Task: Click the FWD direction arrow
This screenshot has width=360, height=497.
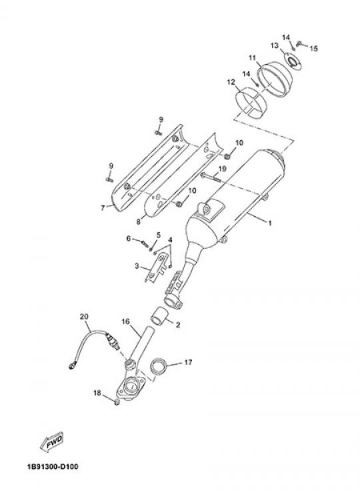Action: (x=51, y=442)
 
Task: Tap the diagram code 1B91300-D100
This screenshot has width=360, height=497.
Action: (x=53, y=466)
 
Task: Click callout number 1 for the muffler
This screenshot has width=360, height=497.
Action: (x=270, y=223)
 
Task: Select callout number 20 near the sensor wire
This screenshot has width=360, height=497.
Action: (x=84, y=316)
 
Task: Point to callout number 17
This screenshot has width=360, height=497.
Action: (x=188, y=362)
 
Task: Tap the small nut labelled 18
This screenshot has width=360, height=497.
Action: (x=117, y=402)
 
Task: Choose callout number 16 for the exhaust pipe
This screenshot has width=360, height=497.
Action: (x=126, y=322)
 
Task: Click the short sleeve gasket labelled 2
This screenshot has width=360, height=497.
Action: (x=159, y=316)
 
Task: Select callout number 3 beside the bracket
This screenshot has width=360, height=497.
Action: (x=137, y=266)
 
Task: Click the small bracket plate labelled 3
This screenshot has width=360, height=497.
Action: (x=157, y=268)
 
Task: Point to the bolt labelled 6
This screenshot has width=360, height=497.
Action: (x=145, y=243)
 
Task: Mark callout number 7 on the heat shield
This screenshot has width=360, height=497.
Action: (x=103, y=208)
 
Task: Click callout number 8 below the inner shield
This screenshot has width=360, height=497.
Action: (x=139, y=222)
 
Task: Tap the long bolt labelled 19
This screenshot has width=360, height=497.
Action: (x=211, y=177)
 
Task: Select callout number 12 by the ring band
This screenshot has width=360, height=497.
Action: (x=231, y=83)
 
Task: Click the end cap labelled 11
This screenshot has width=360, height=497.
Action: (x=275, y=77)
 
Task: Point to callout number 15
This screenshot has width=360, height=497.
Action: (x=313, y=49)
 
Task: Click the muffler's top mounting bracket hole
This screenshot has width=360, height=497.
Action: (x=206, y=208)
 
